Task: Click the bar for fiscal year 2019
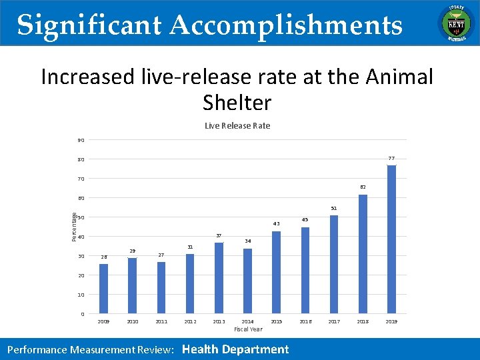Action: point(391,239)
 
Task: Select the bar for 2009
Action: point(103,289)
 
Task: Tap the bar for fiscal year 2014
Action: point(247,281)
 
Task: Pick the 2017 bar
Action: point(334,264)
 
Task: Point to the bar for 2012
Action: point(190,283)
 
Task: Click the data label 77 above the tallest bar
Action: point(391,158)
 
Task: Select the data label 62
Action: point(363,187)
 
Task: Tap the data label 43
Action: point(276,224)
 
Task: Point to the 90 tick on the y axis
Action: point(81,140)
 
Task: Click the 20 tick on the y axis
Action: point(81,275)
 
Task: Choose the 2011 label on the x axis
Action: point(161,321)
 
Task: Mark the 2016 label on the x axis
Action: point(305,321)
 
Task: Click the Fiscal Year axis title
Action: point(248,329)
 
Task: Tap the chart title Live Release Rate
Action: point(237,126)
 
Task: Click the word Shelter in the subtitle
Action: point(237,103)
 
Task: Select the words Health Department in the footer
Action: point(235,349)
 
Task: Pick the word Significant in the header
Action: point(89,25)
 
